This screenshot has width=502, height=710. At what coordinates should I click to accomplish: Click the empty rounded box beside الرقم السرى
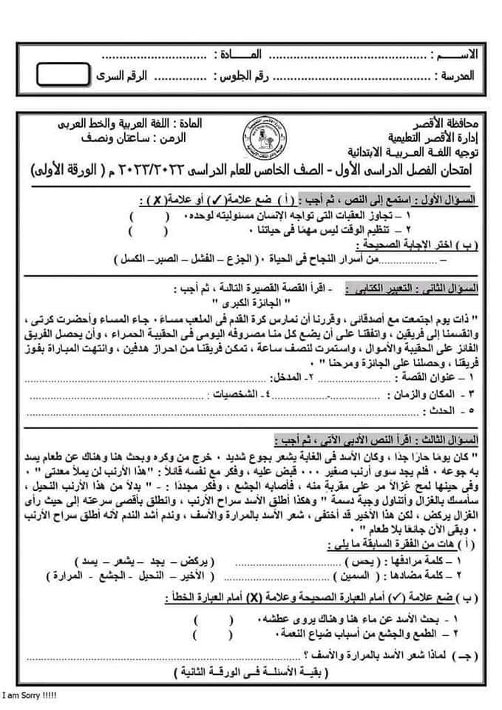[x=61, y=76]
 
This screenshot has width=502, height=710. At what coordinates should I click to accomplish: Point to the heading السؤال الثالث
[x=444, y=438]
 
